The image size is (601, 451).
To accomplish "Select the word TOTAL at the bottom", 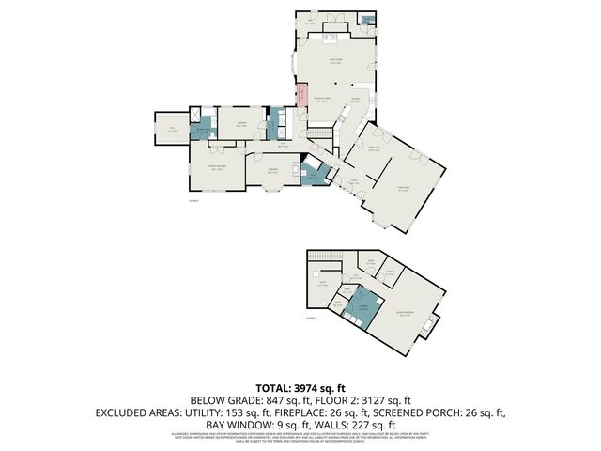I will [273, 387].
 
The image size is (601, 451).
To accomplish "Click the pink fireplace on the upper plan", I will [301, 96].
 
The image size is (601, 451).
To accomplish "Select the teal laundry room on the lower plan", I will [361, 307].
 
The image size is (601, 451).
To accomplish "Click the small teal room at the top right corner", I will [370, 19].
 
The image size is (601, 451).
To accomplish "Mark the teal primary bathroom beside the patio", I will [202, 131].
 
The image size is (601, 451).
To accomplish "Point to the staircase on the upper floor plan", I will [321, 137].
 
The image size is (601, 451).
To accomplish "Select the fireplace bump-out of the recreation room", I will [430, 328].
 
